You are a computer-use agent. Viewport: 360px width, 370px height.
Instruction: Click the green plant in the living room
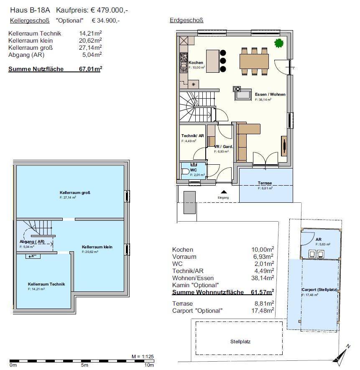(x=278, y=43)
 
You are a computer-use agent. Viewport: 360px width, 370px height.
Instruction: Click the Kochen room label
(x=196, y=63)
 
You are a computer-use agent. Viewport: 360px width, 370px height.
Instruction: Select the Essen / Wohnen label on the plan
(x=270, y=94)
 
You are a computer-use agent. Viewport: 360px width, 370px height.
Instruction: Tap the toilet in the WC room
(x=185, y=172)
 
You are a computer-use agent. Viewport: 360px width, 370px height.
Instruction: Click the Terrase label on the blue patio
(x=265, y=183)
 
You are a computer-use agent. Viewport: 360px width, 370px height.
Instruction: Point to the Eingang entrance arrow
(x=223, y=192)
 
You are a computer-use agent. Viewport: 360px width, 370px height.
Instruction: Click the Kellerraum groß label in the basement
(x=75, y=193)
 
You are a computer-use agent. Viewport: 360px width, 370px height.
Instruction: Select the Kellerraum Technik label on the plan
(x=46, y=284)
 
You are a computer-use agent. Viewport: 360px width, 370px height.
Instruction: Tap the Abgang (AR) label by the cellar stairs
(x=32, y=242)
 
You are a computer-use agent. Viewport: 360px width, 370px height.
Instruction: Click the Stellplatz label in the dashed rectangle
(x=240, y=341)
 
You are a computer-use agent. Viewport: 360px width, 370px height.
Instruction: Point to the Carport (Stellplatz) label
(x=319, y=289)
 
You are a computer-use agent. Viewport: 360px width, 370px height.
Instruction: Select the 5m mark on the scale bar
(x=84, y=365)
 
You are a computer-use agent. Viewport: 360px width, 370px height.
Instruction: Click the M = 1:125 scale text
(x=142, y=357)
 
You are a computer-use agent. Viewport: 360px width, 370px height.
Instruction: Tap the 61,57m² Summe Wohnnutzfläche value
(x=264, y=292)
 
